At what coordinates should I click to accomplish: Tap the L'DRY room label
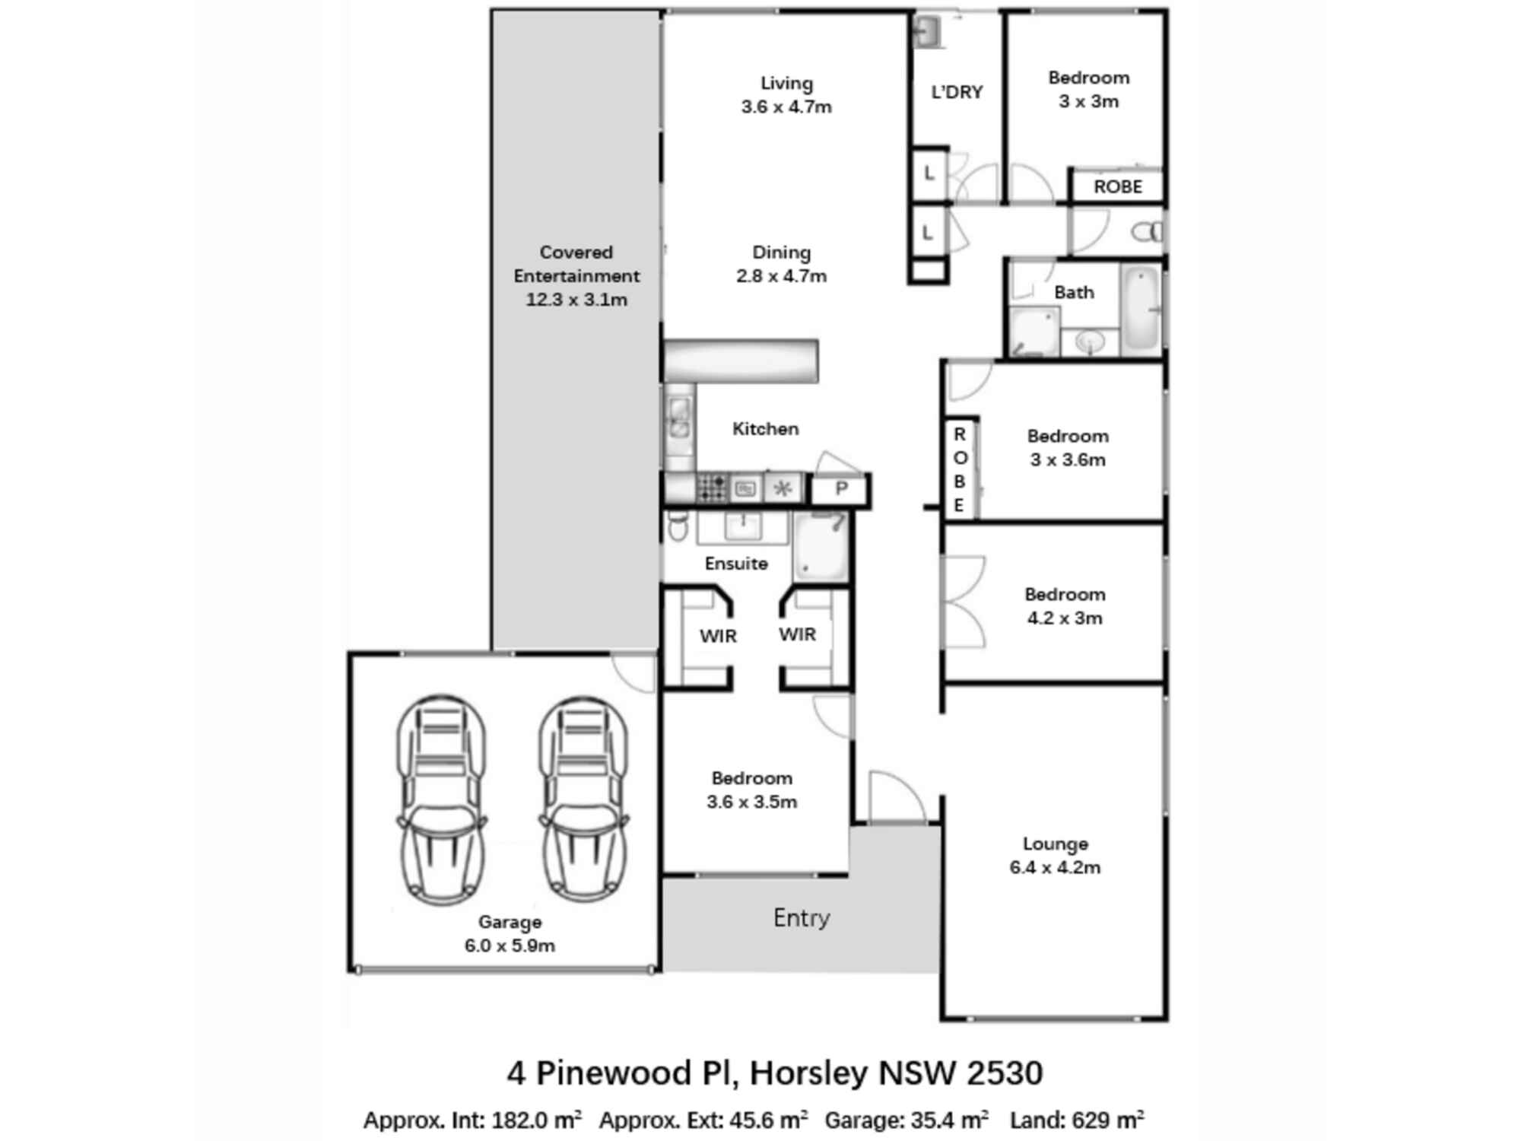tap(957, 92)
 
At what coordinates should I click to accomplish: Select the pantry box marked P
tap(840, 489)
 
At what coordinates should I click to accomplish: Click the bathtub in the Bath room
tap(1140, 310)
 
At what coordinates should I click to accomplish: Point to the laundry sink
tap(927, 32)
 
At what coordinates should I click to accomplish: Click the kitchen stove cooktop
tap(712, 488)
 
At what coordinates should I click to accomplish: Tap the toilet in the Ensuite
tap(677, 525)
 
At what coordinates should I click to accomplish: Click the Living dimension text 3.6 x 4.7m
tap(786, 107)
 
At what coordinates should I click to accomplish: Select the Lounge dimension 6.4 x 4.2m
tap(1055, 868)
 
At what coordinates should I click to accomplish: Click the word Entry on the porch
tap(801, 918)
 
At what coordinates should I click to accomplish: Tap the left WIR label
tap(718, 636)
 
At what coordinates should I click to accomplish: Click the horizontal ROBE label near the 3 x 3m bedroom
tap(1117, 187)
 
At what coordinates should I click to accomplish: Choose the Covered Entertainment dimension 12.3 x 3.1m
tap(576, 300)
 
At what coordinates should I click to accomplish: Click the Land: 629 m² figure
tap(1077, 1120)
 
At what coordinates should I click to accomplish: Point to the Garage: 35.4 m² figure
tap(907, 1120)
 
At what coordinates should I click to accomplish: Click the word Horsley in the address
tap(808, 1073)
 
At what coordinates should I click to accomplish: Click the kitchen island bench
tap(741, 361)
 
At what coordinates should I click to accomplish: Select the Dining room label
tap(781, 253)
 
